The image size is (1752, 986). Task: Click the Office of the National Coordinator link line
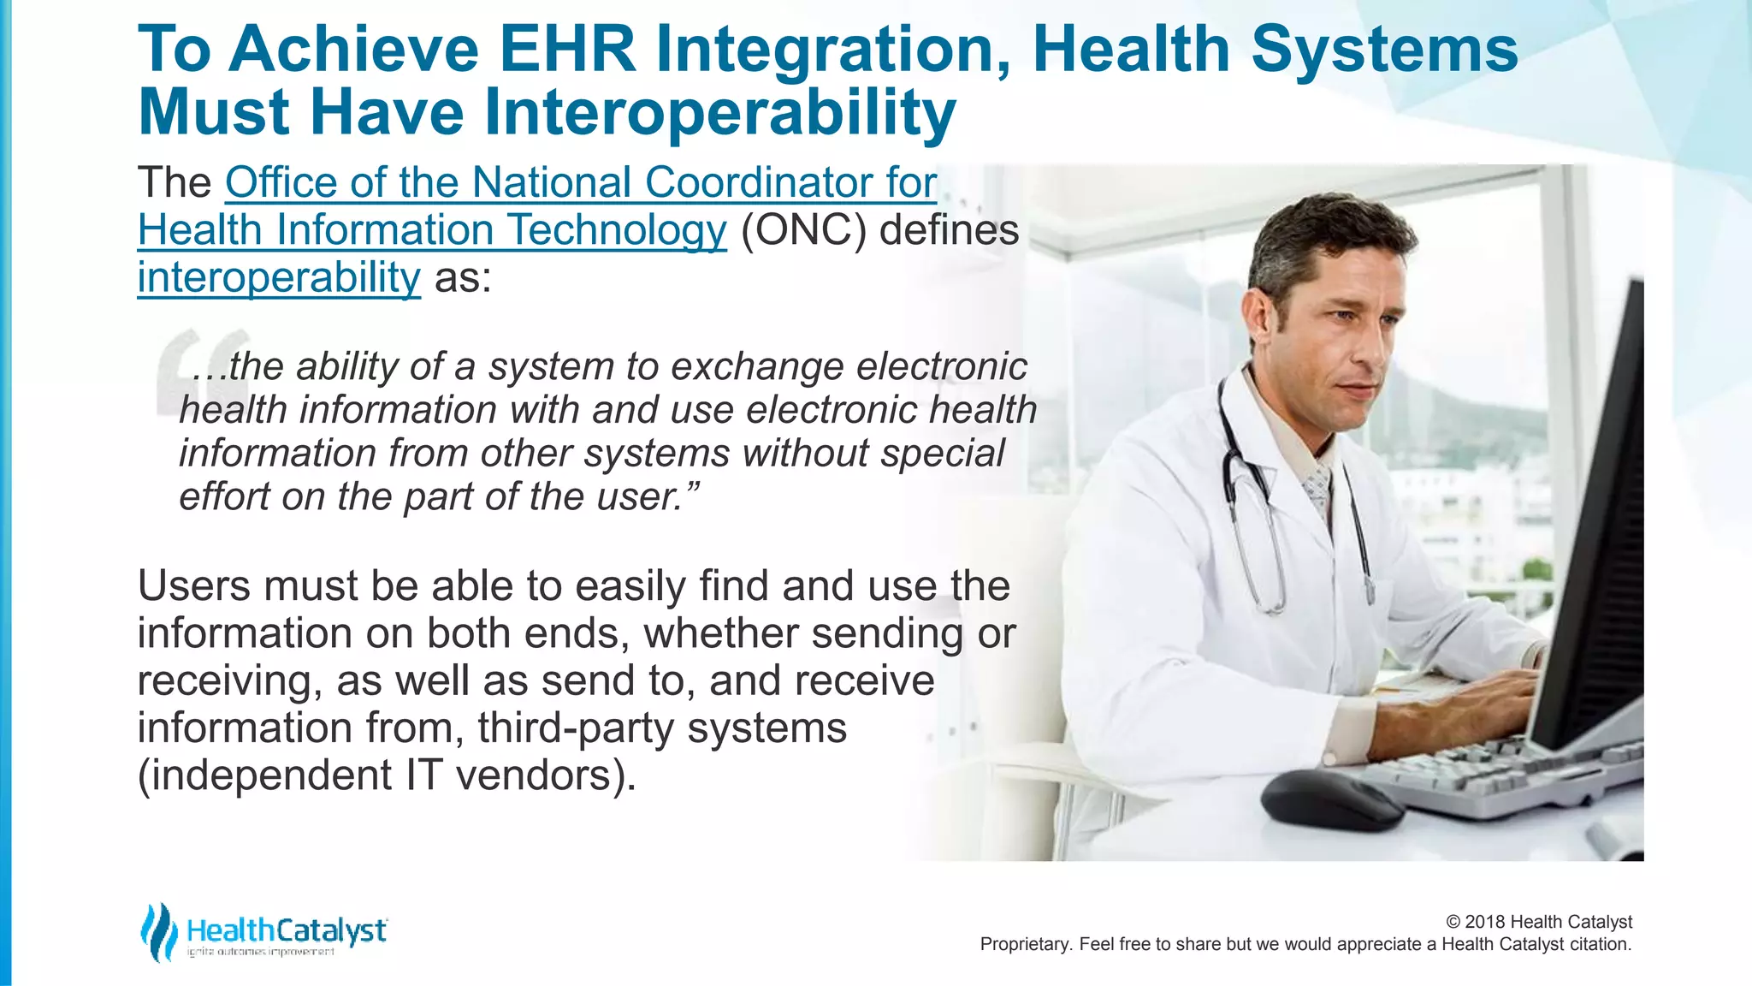pyautogui.click(x=581, y=183)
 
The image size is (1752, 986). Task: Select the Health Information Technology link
pyautogui.click(x=432, y=230)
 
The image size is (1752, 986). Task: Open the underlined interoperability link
pyautogui.click(x=279, y=277)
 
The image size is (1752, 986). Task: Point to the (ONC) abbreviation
pyautogui.click(x=803, y=230)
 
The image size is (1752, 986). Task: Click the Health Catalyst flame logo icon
pyautogui.click(x=159, y=932)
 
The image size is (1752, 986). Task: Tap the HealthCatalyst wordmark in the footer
pyautogui.click(x=287, y=930)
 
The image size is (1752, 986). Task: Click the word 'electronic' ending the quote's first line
pyautogui.click(x=941, y=367)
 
